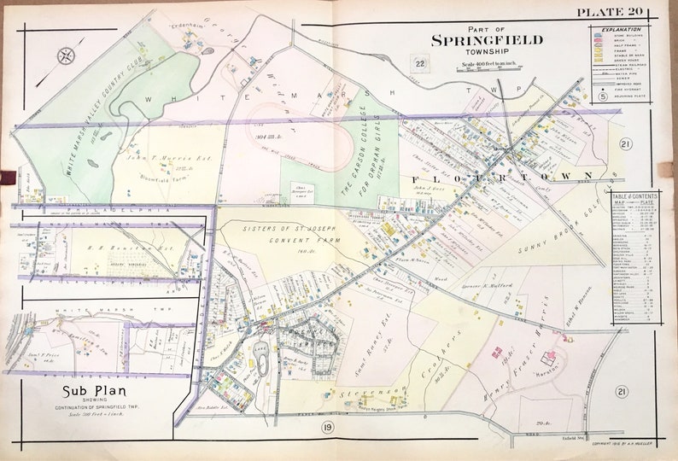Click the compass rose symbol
[67, 57]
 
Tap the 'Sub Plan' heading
[91, 391]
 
